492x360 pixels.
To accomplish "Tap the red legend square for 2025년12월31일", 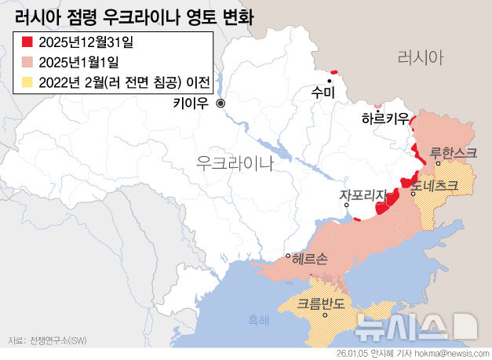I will [27, 42].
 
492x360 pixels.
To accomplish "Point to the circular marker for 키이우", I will [220, 103].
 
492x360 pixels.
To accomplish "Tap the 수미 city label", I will [323, 93].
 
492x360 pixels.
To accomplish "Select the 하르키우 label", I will [385, 118].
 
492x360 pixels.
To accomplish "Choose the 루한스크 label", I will [454, 152].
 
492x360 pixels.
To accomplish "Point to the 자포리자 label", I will [364, 195].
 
